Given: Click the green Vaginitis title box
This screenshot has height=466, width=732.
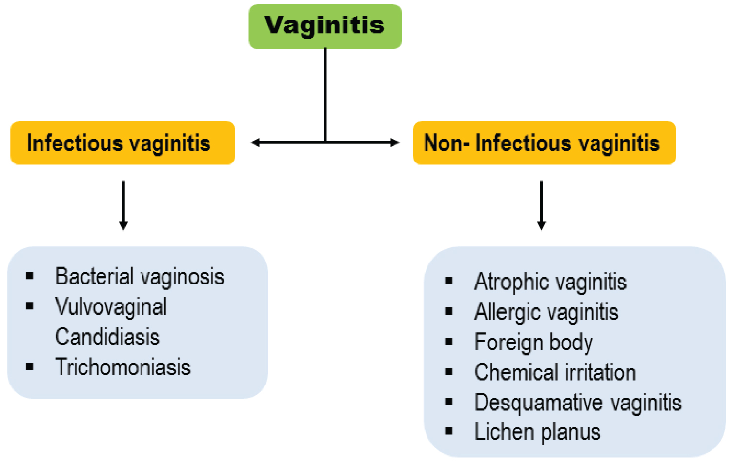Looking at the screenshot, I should coord(325,26).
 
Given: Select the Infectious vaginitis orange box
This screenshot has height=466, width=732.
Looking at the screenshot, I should coord(122,143).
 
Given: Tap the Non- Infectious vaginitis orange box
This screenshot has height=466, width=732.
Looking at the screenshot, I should coord(544,143).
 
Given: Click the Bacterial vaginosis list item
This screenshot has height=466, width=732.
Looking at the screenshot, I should coord(140,277).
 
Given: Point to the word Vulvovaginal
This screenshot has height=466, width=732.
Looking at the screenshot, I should coord(111,307).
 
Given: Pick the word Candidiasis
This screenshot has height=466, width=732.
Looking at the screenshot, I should coord(107,337).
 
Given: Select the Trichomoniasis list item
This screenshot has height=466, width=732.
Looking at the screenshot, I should coord(123,367).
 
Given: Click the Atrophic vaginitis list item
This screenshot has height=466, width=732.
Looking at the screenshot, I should coord(550,282).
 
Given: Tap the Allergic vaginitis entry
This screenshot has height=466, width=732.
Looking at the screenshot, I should coord(546,312).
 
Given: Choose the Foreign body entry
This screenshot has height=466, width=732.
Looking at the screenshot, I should coord(533,343).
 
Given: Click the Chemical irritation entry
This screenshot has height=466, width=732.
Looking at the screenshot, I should coord(555,373).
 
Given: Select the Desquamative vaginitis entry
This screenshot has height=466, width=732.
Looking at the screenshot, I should coord(578,403).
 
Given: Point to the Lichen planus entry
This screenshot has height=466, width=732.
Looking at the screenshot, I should coord(537,432).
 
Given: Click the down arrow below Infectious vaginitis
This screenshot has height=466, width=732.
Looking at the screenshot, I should coord(123,205).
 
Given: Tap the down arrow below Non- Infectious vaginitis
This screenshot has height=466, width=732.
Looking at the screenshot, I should coord(541,205).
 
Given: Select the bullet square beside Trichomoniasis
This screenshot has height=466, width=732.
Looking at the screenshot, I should coord(30,366).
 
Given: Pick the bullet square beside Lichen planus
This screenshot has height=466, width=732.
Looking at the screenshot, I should coord(449,431).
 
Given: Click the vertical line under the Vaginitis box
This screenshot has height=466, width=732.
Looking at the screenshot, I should coord(325,93).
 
